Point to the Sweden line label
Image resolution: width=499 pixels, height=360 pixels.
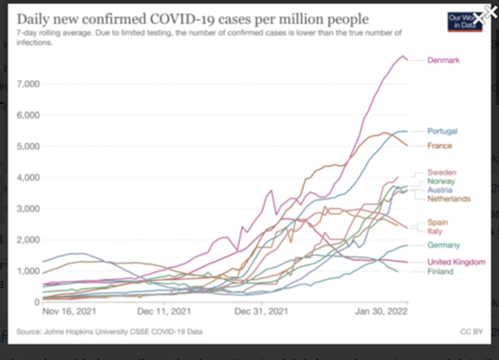click(442, 172)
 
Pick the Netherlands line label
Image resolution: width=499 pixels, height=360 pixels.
click(449, 199)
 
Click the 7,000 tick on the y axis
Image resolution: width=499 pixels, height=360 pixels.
click(27, 85)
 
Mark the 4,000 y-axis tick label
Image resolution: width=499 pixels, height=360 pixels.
click(27, 178)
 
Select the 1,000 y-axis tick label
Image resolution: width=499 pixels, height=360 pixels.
click(27, 271)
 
